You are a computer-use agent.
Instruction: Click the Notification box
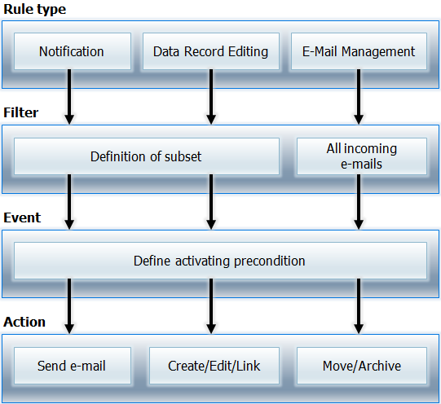pos(73,51)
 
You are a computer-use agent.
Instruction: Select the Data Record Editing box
pos(211,51)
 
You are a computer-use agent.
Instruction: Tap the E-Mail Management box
pos(359,51)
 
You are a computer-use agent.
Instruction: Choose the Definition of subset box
pos(147,156)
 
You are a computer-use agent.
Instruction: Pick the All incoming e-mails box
pos(362,156)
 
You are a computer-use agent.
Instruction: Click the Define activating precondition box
pos(220,261)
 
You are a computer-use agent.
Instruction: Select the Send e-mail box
pos(73,366)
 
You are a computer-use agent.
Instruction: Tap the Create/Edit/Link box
pos(214,366)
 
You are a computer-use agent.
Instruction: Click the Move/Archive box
pos(362,366)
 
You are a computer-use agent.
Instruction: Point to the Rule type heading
pos(34,10)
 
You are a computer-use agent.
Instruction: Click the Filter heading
pos(21,112)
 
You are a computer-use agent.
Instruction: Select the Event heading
pos(22,217)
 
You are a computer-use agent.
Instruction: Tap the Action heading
pos(24,322)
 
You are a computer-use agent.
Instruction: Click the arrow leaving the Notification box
pos(69,97)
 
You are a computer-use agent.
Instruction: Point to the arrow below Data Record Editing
pos(211,97)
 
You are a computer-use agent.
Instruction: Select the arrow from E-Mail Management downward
pos(359,97)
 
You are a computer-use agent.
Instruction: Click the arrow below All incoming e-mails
pos(359,202)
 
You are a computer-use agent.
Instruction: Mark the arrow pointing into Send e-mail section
pos(69,306)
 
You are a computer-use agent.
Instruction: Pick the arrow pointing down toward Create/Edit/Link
pos(211,306)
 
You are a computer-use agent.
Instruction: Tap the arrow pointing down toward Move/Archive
pos(359,306)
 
